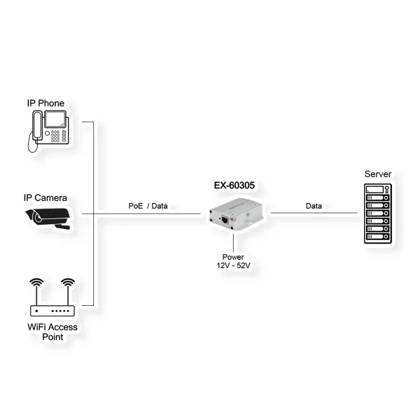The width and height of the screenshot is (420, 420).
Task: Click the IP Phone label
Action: tap(45, 104)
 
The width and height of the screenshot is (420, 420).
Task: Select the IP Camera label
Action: tap(45, 198)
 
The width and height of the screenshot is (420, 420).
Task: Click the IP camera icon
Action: tap(48, 217)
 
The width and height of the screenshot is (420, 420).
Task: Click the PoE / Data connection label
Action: tap(148, 206)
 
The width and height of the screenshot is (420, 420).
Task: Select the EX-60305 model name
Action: tap(234, 186)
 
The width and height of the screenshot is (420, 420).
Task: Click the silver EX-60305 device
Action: tap(236, 213)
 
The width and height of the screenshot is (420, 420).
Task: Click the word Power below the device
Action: tap(232, 256)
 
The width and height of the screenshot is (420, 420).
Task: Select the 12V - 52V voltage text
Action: tap(232, 265)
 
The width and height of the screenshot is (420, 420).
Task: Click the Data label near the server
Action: tap(314, 206)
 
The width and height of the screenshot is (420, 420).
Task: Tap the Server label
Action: tap(378, 174)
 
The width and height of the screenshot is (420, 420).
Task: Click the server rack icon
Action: tap(378, 213)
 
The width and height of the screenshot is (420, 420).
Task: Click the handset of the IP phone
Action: tap(35, 129)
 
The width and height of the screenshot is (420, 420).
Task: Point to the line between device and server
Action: tap(315, 213)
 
